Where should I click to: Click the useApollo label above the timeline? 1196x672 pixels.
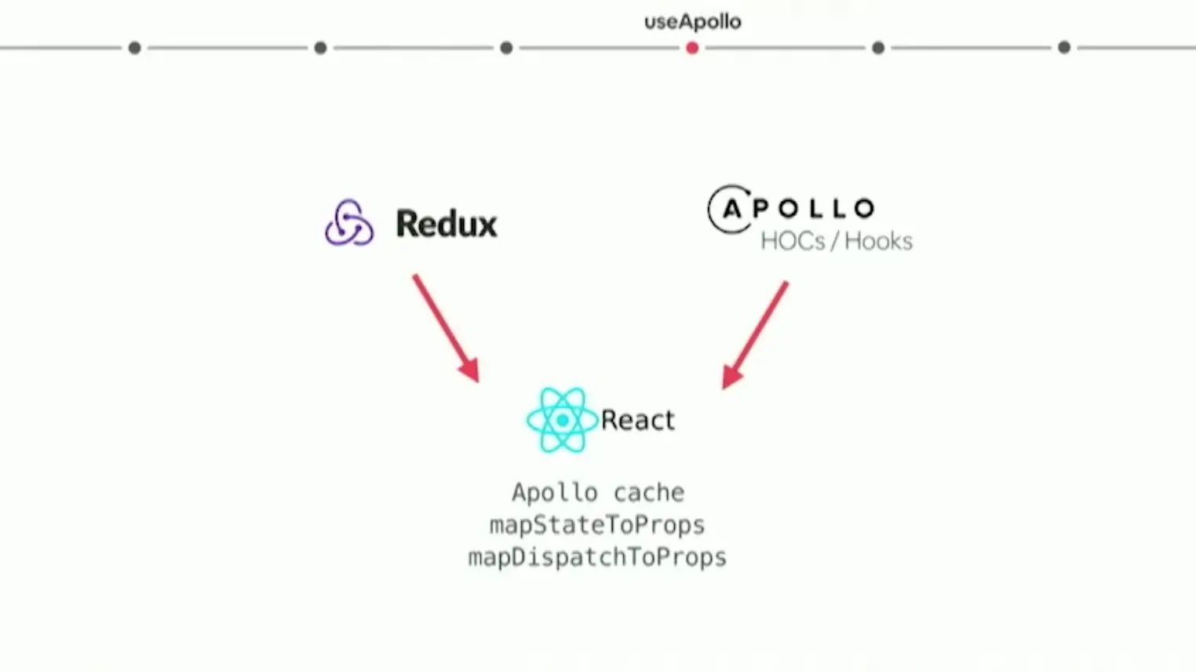[x=692, y=22]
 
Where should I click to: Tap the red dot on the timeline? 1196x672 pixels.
[x=691, y=48]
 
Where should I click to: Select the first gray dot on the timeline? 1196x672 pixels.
[x=134, y=48]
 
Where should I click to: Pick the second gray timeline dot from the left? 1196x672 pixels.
[x=320, y=48]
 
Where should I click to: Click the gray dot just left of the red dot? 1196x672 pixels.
[x=506, y=48]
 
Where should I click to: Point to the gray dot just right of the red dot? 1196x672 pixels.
[x=878, y=48]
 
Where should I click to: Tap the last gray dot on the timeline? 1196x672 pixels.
[x=1064, y=48]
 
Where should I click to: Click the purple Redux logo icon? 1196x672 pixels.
[x=349, y=223]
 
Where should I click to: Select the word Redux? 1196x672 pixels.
[x=446, y=224]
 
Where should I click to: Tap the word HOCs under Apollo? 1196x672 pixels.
[x=793, y=241]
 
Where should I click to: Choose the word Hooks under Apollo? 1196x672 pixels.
[x=878, y=241]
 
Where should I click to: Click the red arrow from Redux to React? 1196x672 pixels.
[x=446, y=327]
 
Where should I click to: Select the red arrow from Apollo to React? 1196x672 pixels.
[x=755, y=334]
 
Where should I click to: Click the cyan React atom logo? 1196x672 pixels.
[x=562, y=420]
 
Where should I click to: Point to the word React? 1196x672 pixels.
[x=637, y=421]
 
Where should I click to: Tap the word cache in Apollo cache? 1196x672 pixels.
[x=648, y=493]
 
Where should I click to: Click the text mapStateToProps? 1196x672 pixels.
[x=597, y=525]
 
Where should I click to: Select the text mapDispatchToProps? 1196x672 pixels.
[x=597, y=557]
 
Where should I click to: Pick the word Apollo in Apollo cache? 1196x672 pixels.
[x=554, y=493]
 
